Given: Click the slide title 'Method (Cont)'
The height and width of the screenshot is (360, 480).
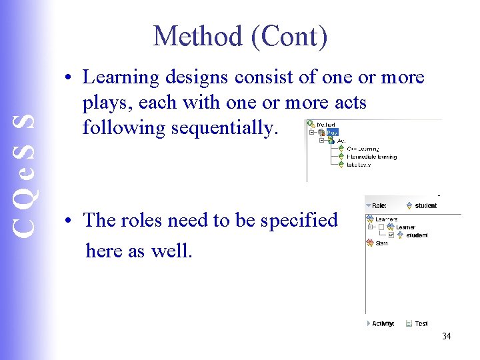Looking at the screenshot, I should pos(240,36).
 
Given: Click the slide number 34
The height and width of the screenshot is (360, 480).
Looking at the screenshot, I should pos(446,336).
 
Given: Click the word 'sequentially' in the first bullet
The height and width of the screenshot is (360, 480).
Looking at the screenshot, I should pos(223,127).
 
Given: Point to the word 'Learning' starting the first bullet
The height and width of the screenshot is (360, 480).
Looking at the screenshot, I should pos(121,77).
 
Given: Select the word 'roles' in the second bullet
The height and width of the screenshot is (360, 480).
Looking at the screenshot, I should pos(151,220).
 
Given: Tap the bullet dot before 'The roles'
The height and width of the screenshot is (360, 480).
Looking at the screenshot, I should pos(69,221).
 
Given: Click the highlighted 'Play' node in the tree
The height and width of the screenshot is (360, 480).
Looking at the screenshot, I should pos(332,132).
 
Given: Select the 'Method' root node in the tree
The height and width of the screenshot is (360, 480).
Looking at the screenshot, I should pos(325,124).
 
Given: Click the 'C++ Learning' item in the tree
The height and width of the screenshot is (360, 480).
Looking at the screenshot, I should pos(363,149).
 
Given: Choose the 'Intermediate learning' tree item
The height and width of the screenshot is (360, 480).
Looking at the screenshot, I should pos(371,157).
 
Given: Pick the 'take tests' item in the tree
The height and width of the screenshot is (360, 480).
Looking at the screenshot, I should pos(359,164).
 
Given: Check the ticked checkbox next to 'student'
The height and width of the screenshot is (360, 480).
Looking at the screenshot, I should pos(391,235).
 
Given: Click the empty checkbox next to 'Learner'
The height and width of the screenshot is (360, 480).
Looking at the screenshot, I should pos(381,227).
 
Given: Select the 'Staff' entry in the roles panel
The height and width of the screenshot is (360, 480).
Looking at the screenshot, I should pos(381,243).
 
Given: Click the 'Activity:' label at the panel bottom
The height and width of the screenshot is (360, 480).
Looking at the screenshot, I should pos(383,323).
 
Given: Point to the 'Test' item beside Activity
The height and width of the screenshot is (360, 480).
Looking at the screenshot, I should pos(421,323).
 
